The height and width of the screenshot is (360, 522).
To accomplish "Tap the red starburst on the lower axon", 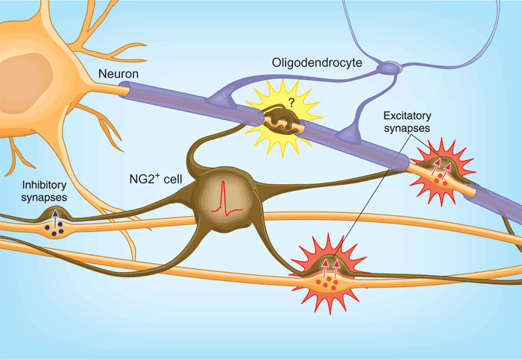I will coord(330,272).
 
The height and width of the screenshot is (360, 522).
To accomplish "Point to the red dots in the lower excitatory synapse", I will coord(326,283).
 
